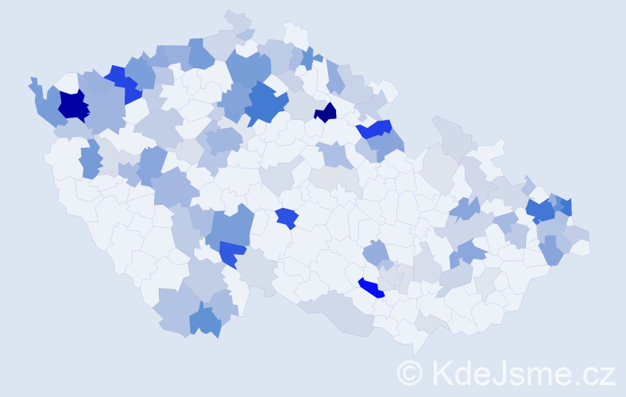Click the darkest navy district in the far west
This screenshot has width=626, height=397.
(x=72, y=106)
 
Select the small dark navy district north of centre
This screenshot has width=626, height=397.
(x=325, y=113)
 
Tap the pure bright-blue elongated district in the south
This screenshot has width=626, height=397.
(x=370, y=287)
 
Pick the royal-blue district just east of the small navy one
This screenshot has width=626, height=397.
(x=374, y=129)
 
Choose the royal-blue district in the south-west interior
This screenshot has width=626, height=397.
(x=233, y=253)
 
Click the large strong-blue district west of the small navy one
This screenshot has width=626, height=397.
(x=268, y=105)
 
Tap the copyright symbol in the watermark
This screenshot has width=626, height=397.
(x=409, y=372)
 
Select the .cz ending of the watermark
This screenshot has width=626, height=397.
(x=593, y=372)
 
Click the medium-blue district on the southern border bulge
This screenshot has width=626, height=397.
(x=205, y=319)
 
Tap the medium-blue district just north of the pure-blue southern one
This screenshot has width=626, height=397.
(x=376, y=254)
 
